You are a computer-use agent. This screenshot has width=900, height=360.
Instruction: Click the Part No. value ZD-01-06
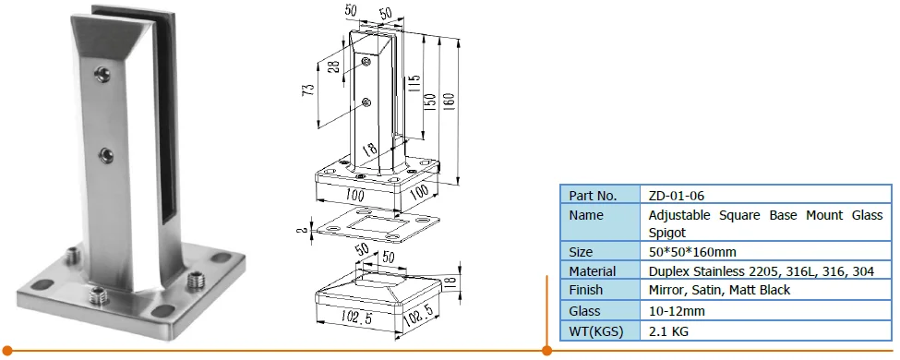(x=676, y=196)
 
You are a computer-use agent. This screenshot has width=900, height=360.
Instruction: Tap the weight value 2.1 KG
(x=668, y=331)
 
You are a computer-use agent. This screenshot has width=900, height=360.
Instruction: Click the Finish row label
(x=585, y=290)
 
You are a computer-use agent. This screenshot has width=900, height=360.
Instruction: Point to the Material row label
(x=593, y=271)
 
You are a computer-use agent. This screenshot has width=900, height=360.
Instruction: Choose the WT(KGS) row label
(x=595, y=331)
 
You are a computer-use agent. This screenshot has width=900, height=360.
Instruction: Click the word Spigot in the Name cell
(x=667, y=234)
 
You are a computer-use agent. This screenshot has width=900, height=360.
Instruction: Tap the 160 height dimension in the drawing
(x=449, y=102)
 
